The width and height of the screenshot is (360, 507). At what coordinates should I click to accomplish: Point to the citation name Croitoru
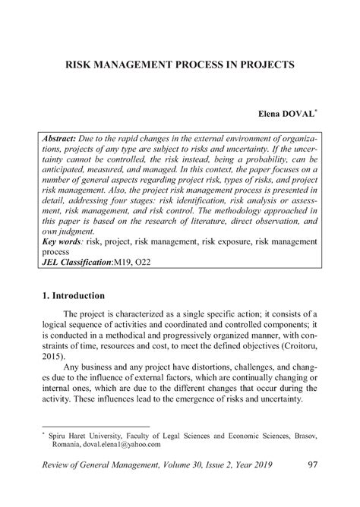[295, 355]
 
